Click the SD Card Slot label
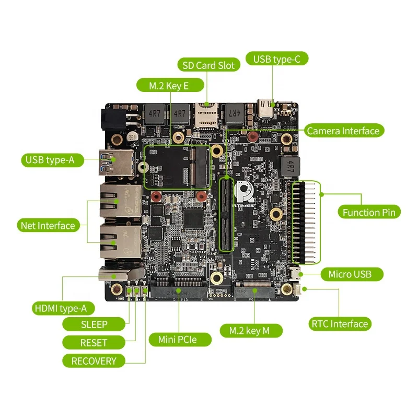coord(208,65)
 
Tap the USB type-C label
coord(277,59)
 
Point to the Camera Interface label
coord(343,131)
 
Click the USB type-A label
coord(54,160)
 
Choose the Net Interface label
coord(48,226)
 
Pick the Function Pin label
coord(368,212)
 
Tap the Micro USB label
coord(355,274)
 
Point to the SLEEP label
coord(94,324)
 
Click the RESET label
coord(94,343)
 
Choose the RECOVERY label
coord(94,361)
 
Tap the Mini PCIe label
coord(178,340)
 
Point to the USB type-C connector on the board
coord(266,109)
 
